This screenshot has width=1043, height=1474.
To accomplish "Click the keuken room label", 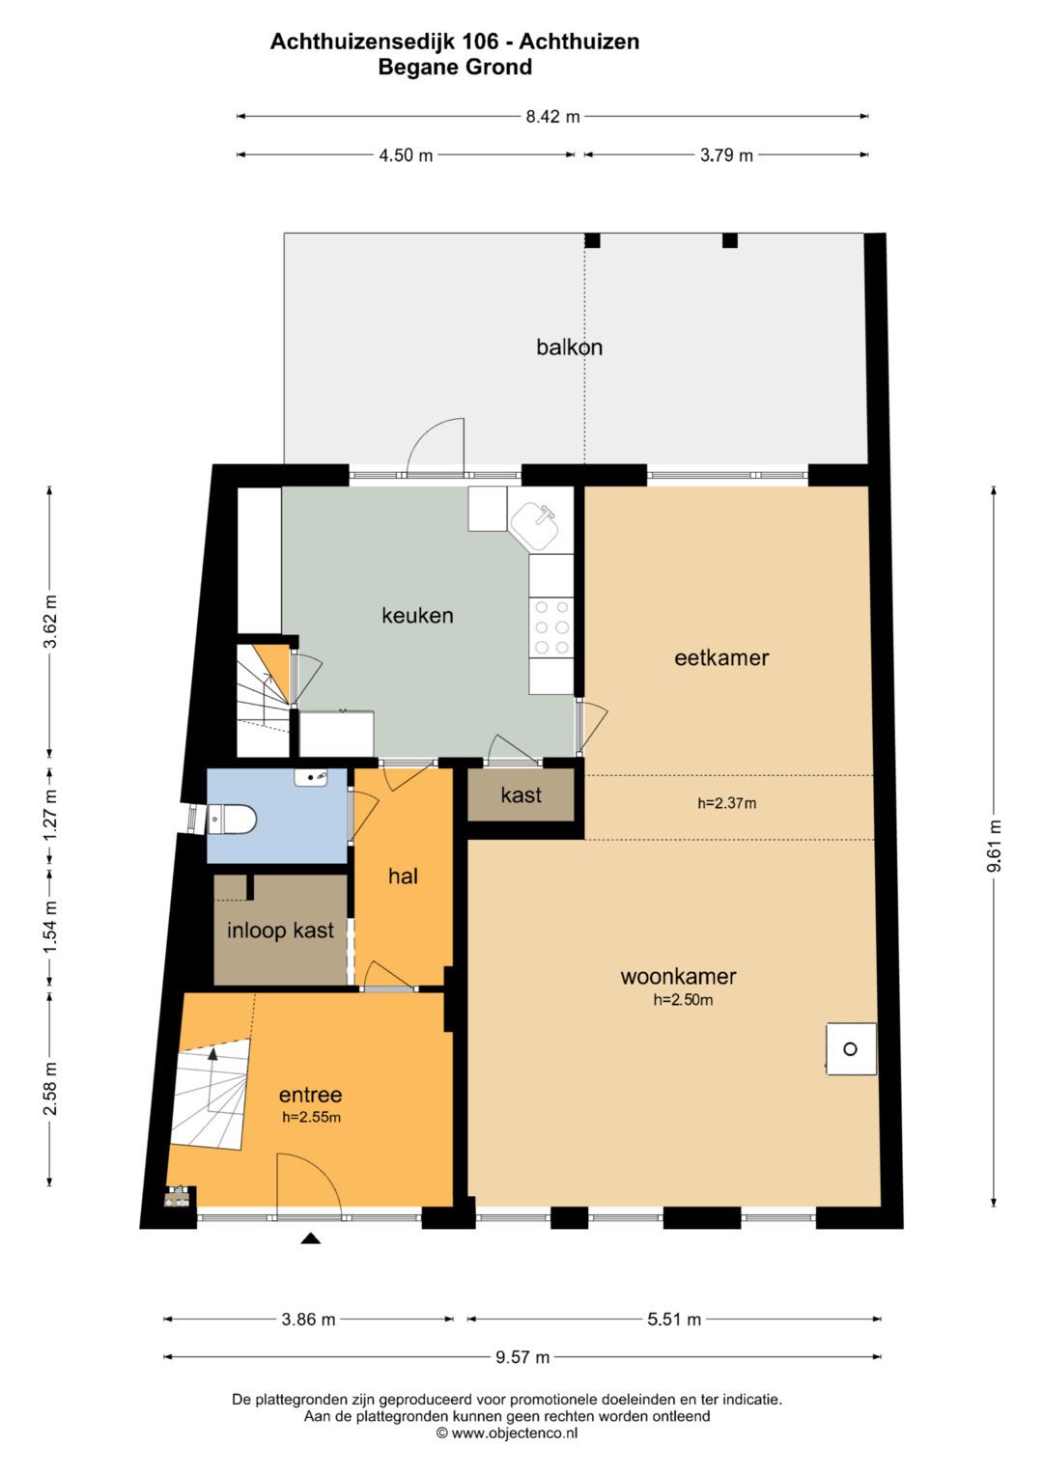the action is click(x=417, y=615).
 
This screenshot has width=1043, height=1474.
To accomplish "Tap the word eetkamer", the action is click(x=721, y=657).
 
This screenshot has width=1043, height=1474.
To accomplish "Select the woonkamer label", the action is click(x=678, y=976).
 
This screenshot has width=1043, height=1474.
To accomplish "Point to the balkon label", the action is click(x=570, y=347).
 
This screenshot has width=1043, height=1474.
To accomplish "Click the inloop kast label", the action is click(x=280, y=931).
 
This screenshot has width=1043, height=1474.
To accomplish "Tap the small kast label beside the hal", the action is click(x=521, y=794).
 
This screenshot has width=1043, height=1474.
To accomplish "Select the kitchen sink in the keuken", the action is click(x=535, y=525).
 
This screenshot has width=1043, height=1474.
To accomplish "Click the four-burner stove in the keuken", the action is click(x=551, y=627).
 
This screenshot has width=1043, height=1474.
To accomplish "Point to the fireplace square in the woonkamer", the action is click(x=852, y=1049).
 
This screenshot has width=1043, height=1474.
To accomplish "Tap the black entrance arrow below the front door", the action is click(x=311, y=1238).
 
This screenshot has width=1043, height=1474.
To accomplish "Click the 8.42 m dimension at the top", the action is click(x=552, y=117).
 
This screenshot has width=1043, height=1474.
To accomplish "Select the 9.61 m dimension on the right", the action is click(x=995, y=847).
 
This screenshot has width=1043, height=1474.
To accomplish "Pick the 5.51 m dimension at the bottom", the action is click(x=674, y=1319).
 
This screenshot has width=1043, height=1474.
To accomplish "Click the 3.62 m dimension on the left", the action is click(x=50, y=622).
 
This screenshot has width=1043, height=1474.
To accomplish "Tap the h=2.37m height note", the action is click(x=727, y=803).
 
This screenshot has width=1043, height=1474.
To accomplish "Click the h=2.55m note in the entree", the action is click(x=311, y=1117).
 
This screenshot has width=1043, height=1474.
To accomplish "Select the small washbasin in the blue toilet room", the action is click(x=311, y=776).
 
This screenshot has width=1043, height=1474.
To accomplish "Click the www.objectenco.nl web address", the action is click(x=514, y=1432).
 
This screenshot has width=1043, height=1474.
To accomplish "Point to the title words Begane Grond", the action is click(x=455, y=68).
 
